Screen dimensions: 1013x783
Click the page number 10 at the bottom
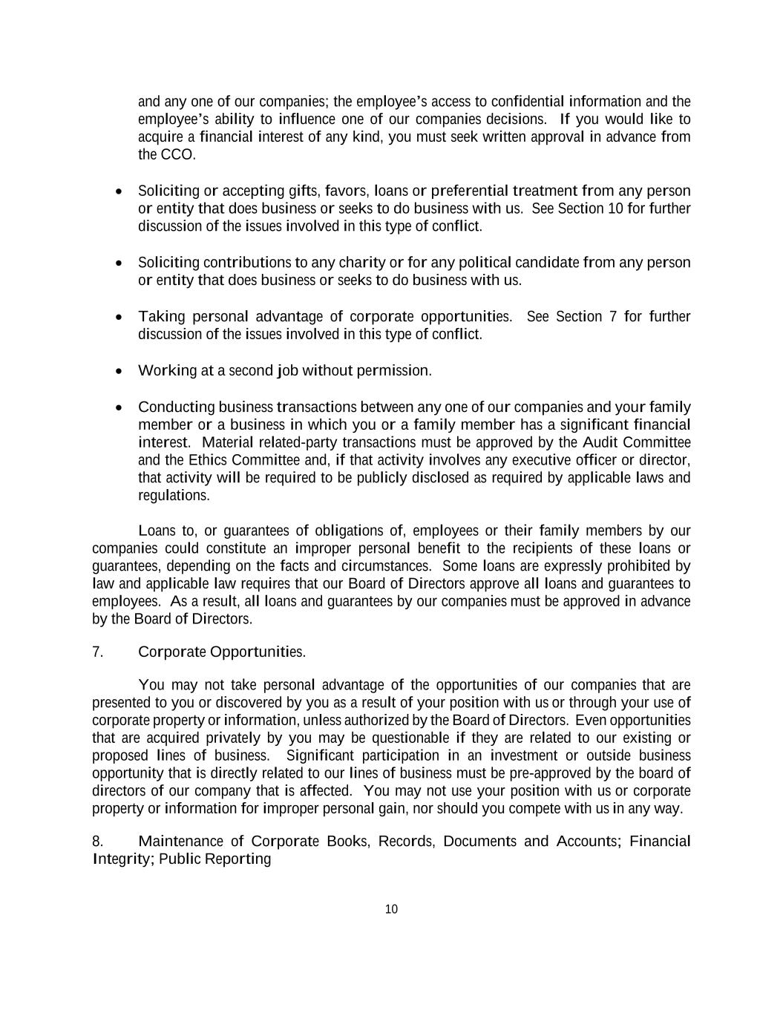(x=392, y=909)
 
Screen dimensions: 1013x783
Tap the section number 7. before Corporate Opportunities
(x=97, y=652)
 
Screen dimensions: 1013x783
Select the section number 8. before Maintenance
(x=97, y=842)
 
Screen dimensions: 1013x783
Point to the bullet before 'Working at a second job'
(x=119, y=371)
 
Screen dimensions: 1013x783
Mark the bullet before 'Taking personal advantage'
(x=119, y=318)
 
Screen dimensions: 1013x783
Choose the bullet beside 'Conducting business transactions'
(x=119, y=408)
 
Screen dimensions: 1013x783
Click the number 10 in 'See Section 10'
(x=615, y=209)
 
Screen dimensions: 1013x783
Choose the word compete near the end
(x=537, y=809)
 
